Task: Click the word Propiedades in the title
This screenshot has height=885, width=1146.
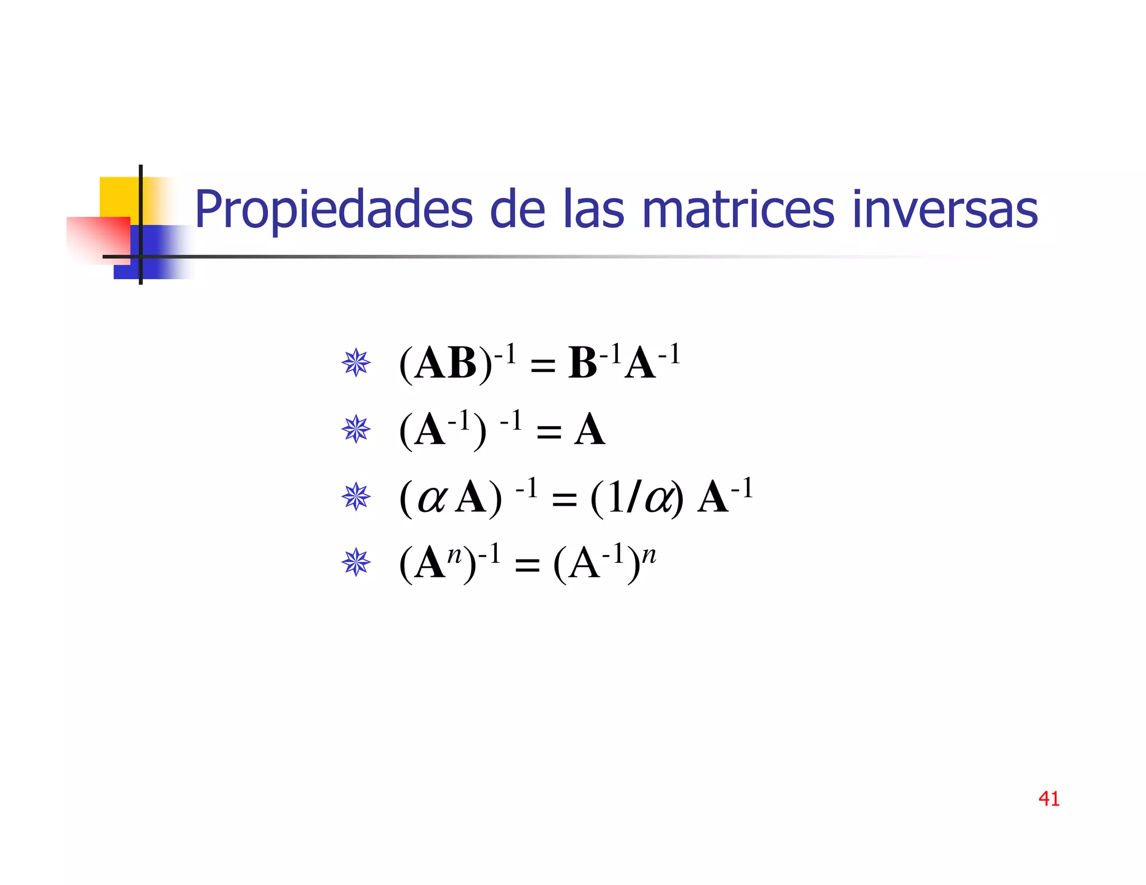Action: point(334,210)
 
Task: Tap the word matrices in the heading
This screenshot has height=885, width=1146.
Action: point(738,210)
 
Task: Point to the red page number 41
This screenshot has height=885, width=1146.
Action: point(1049,798)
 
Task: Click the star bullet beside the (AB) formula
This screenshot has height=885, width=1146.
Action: point(356,363)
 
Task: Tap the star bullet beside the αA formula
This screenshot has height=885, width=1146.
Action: point(356,497)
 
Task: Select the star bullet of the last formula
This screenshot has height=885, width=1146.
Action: point(356,563)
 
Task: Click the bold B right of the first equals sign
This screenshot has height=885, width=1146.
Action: point(583,364)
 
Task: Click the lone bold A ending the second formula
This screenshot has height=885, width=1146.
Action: point(589,430)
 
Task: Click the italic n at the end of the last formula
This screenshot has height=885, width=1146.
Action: point(649,556)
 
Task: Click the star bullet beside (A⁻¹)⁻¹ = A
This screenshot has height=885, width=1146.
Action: point(356,430)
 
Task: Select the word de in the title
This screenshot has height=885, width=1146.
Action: point(517,210)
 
